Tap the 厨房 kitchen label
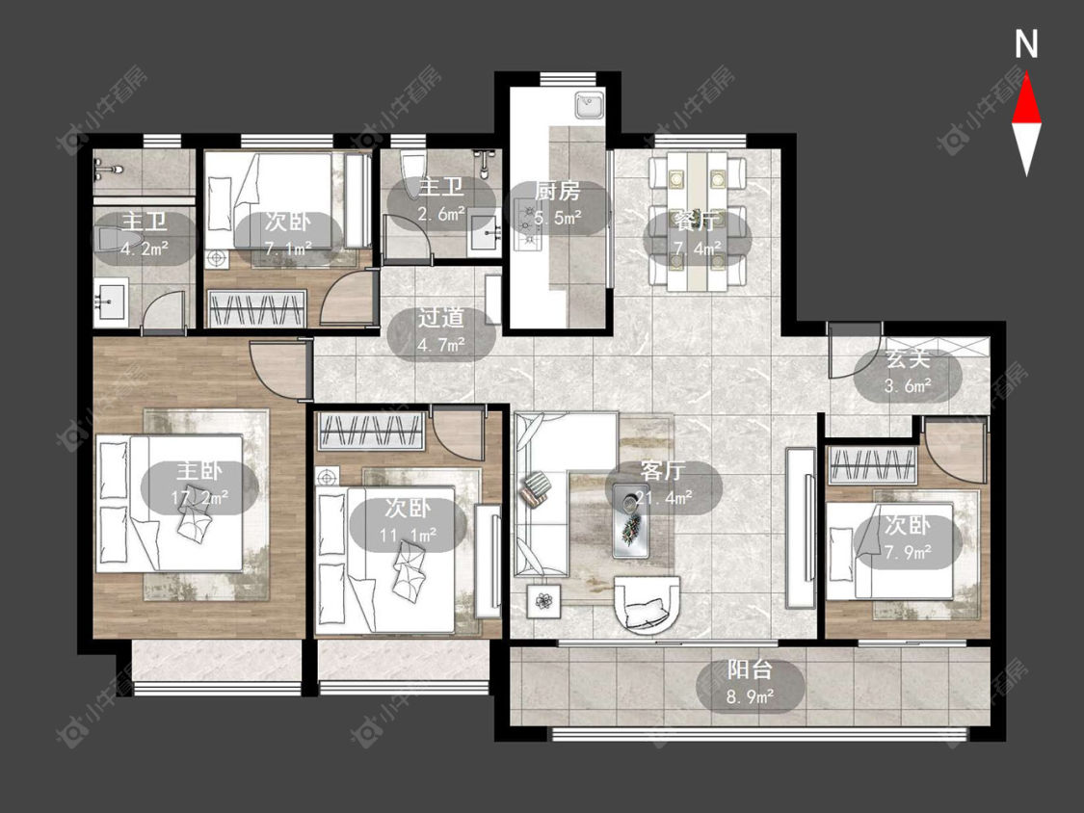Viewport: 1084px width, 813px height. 557,191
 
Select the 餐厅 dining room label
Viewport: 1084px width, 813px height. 696,223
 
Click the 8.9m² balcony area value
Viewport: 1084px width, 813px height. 750,696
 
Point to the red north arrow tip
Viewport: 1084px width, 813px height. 1026,75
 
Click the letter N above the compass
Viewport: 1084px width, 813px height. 1026,44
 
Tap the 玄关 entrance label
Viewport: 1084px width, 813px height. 908,358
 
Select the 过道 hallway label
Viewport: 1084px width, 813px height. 441,318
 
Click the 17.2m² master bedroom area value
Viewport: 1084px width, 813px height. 199,497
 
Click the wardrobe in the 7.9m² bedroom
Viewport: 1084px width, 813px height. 872,465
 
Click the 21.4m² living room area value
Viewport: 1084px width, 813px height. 664,497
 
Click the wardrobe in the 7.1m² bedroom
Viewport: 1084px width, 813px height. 257,308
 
